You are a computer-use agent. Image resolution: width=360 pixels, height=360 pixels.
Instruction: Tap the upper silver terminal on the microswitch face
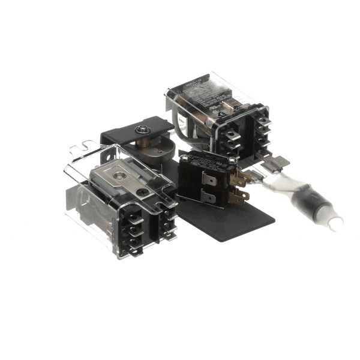click(x=209, y=178)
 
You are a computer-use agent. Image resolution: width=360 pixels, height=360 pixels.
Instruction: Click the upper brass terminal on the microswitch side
click(x=241, y=178)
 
